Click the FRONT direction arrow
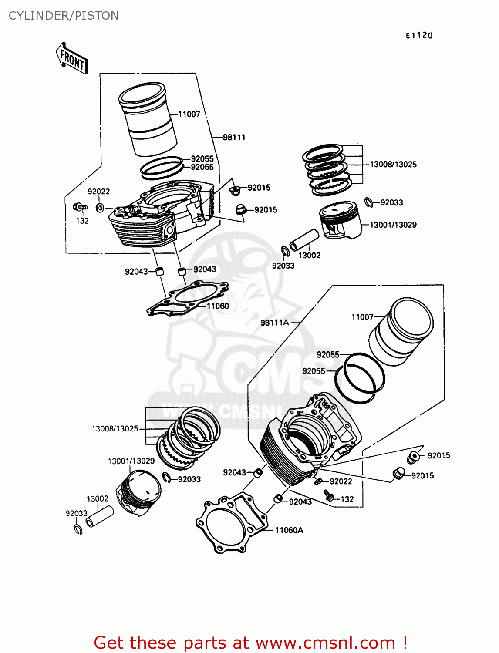(72, 58)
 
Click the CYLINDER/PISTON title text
(64, 16)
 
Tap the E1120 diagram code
(419, 36)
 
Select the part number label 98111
(234, 138)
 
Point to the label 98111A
(274, 323)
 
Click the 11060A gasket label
(289, 530)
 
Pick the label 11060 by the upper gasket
(218, 306)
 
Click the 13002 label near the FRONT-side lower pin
(97, 499)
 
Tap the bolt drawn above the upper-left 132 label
(80, 207)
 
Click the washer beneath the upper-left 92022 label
(100, 208)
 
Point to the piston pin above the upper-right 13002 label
(304, 240)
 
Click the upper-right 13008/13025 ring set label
(393, 165)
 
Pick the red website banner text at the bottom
(250, 643)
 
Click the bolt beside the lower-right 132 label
(329, 495)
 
